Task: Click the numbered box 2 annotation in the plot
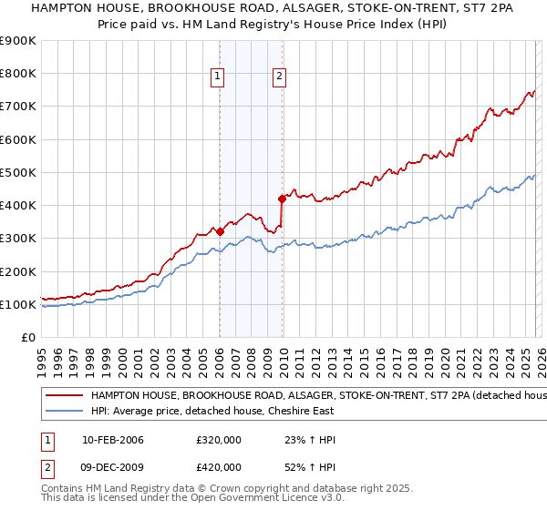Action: point(278,77)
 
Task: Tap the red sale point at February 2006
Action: point(220,231)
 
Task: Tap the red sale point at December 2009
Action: point(282,198)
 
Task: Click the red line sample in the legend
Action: point(64,396)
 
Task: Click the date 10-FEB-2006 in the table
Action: point(113,440)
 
